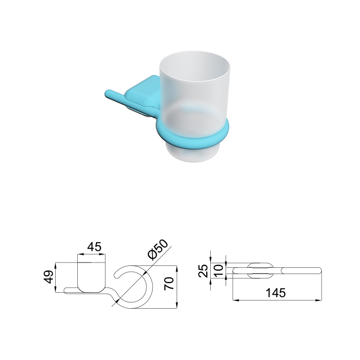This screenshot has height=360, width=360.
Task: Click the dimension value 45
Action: coord(95,247)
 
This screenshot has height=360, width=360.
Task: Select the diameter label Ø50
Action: coord(158,250)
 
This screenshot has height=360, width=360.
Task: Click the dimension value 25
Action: coord(204,271)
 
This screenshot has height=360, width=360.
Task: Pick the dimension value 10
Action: coord(218,270)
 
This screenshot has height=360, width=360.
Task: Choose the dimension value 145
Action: coord(276,293)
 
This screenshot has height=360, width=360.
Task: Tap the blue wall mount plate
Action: coord(143,92)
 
